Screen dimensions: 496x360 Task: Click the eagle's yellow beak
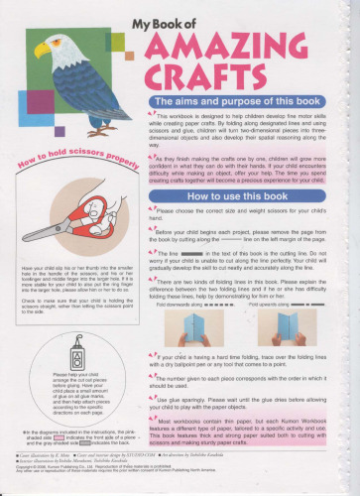pyautogui.click(x=39, y=50)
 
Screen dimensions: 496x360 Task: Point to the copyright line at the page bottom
pyautogui.click(x=139, y=485)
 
